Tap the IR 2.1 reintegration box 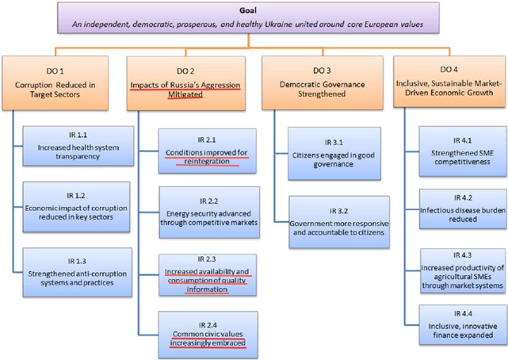[x=208, y=151]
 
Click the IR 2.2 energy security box [x=208, y=208]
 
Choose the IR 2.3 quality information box [x=208, y=274]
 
